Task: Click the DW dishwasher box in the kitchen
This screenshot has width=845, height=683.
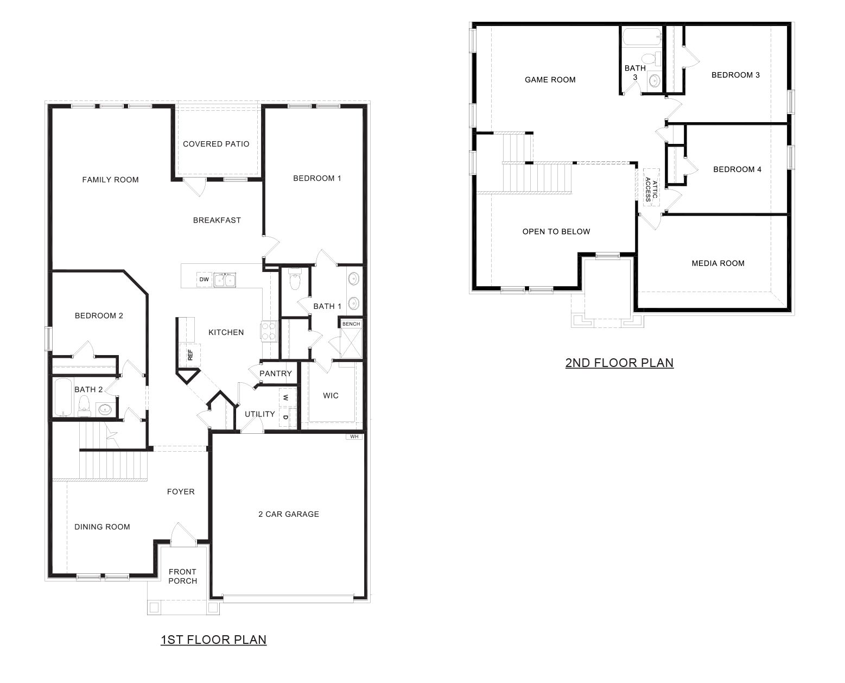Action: [x=204, y=280]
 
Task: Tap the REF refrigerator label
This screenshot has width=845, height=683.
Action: [x=190, y=355]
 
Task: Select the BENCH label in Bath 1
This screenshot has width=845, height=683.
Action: [x=351, y=324]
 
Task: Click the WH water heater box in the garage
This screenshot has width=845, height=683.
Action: [x=354, y=437]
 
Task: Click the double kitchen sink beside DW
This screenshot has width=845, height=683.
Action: [x=224, y=280]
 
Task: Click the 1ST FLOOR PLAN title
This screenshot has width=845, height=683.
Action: [x=213, y=640]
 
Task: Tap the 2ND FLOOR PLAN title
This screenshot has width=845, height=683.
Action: [x=619, y=363]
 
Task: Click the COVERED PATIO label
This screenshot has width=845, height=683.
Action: [x=216, y=144]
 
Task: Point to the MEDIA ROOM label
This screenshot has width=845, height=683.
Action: [x=717, y=263]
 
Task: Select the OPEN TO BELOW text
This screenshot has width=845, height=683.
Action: [x=556, y=231]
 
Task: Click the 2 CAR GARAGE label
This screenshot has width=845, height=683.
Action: [x=288, y=514]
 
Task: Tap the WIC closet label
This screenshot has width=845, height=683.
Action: [x=331, y=395]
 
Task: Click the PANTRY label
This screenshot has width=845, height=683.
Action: [x=275, y=374]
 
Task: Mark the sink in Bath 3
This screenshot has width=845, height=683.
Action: [x=654, y=81]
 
